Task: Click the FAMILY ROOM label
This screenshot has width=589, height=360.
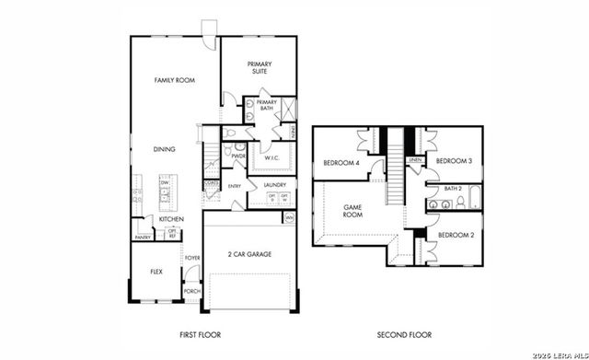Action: coord(174,81)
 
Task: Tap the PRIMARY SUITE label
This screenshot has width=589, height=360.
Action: coord(260,67)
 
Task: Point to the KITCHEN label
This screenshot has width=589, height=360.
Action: coord(171,219)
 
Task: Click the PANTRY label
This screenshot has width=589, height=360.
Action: coord(143,238)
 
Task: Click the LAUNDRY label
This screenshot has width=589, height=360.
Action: coord(275,185)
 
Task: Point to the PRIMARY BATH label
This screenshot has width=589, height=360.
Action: coord(267,105)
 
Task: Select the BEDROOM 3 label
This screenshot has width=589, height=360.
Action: coord(453,161)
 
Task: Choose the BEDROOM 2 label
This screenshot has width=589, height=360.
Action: coord(454,236)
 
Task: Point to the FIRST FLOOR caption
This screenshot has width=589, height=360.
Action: coord(201,335)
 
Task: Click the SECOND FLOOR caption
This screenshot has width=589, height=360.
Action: coord(404,335)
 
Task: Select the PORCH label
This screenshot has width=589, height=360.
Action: coord(192,291)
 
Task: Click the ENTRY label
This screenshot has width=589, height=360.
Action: coord(235,187)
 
